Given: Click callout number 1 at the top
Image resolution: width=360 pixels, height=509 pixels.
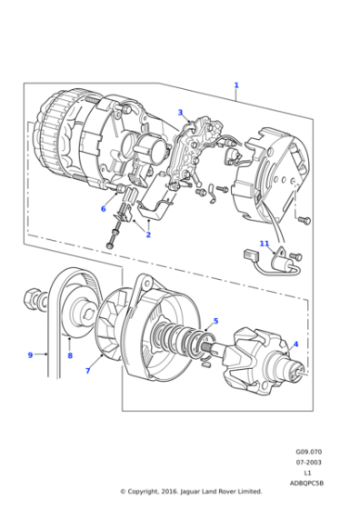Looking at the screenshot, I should pos(236,85).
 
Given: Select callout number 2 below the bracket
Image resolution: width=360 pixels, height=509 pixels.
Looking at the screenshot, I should pos(148,235).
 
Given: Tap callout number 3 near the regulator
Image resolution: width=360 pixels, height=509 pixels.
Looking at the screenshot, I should pos(180,113).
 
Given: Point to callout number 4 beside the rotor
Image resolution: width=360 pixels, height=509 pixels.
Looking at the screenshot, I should pos(295,344).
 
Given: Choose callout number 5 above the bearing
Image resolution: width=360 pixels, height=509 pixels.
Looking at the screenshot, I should pos(215,321).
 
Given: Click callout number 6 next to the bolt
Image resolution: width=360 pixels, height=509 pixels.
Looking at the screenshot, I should pos(103,209).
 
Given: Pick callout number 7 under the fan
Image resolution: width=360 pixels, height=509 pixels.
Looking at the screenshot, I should pos(88,371).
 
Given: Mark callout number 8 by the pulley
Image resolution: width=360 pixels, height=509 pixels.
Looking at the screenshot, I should pos(69,356).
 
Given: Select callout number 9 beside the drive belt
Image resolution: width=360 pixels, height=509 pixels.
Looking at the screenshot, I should pos(30,354).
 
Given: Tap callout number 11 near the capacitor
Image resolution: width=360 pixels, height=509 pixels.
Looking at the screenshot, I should pos(264,244).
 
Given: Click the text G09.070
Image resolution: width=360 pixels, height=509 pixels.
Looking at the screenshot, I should pos(307,451).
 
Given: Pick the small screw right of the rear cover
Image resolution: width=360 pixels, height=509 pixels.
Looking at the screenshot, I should pos(305,220).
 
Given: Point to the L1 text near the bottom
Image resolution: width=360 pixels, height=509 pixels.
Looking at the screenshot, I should pos(307,473).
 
